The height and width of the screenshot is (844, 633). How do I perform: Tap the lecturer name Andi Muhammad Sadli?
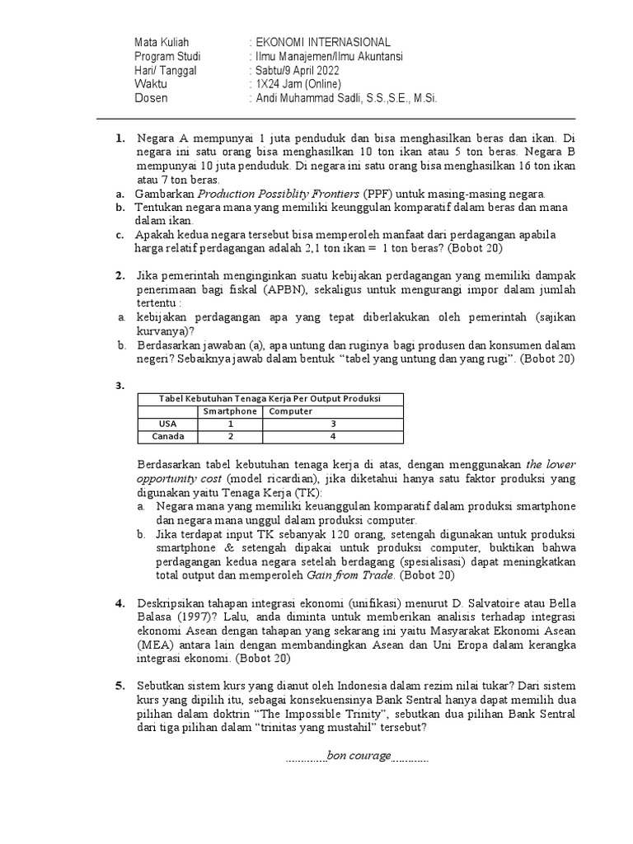coord(344,98)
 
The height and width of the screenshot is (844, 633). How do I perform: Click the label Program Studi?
coord(167,57)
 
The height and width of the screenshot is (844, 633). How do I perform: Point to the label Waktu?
coord(151,85)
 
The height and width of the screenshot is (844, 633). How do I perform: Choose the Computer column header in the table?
coord(290,410)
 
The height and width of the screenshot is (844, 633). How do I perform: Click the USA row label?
coord(167,424)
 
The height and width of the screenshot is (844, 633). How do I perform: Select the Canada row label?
coord(167,437)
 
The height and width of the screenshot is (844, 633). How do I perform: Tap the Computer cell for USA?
coord(332,424)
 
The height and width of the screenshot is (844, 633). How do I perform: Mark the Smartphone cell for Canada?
coord(231,437)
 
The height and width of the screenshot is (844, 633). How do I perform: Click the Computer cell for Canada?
coord(332,437)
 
